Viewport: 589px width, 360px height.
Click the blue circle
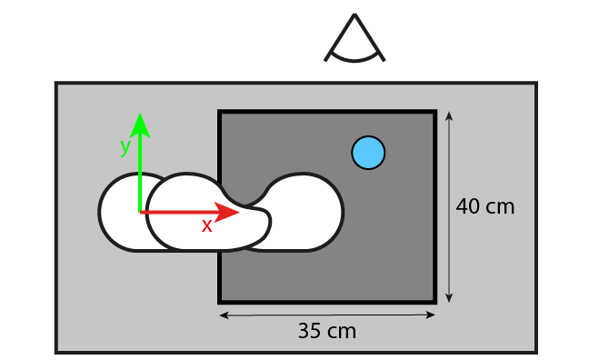coord(368,152)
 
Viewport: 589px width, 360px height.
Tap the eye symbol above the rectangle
coord(354,41)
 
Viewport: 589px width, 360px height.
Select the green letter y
coord(125,145)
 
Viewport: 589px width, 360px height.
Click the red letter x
coord(207,225)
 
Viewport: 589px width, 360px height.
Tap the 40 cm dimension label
coord(485,206)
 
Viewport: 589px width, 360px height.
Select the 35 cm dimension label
coord(327,331)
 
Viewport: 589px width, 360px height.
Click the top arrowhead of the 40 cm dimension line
coord(449,115)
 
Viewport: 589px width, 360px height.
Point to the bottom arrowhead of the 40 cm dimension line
coord(449,298)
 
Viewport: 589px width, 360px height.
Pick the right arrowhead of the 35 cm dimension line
coord(432,315)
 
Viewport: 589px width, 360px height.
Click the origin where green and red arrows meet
coord(139,212)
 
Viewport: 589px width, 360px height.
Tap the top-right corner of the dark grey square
coord(434,113)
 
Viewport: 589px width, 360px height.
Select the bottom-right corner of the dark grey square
coord(434,301)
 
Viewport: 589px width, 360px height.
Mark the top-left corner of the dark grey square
coord(220,113)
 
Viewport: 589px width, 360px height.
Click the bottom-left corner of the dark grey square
coord(220,301)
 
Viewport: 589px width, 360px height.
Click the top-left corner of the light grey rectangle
coord(57,85)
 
